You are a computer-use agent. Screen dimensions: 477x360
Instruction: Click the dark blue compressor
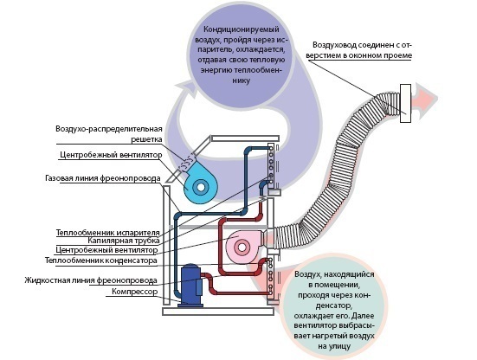point(191,285)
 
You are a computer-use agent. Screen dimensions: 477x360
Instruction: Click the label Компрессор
point(135,292)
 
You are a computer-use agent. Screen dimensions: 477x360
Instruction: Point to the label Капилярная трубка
point(124,241)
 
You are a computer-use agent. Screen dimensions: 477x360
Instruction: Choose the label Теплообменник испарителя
point(108,233)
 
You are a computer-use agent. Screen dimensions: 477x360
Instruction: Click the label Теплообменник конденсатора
point(101,260)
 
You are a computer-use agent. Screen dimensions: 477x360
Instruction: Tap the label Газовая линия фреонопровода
point(102,178)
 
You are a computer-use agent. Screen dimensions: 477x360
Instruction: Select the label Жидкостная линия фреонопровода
point(91,280)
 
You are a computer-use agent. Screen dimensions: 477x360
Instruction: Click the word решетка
point(146,139)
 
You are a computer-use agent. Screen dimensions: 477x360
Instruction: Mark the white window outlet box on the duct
point(405,103)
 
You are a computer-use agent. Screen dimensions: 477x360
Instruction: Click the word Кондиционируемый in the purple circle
point(242,29)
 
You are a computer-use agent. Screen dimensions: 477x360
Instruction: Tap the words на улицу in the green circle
point(334,346)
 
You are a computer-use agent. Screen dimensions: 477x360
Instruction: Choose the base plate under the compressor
point(218,312)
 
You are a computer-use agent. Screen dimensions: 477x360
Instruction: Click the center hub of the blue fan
point(201,187)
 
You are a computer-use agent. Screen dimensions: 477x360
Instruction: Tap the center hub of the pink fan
point(242,247)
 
